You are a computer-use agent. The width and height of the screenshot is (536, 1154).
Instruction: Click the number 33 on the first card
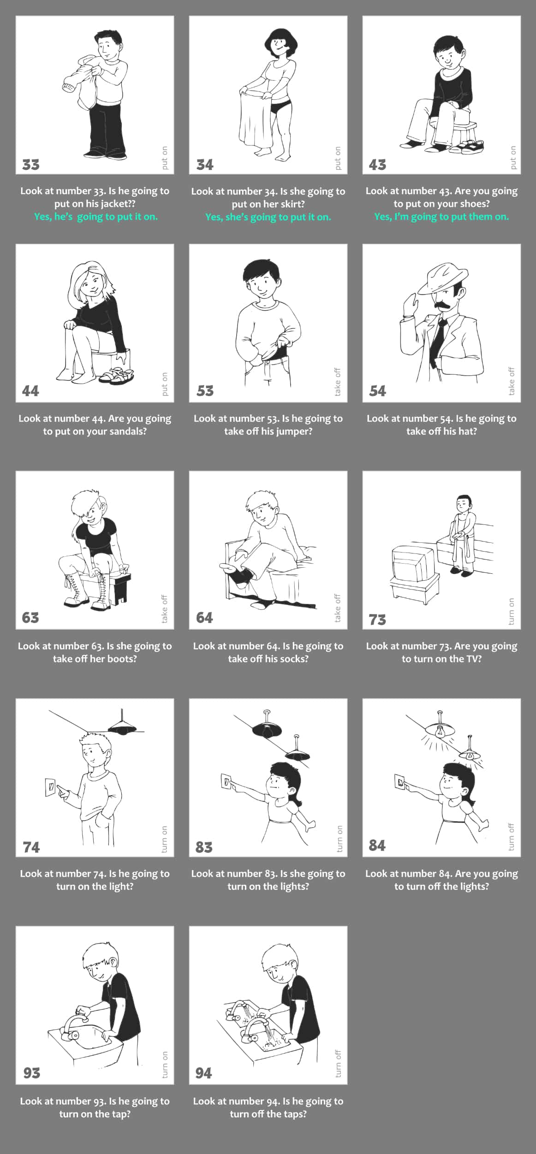coord(31,165)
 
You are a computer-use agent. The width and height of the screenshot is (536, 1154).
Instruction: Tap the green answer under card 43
coord(441,216)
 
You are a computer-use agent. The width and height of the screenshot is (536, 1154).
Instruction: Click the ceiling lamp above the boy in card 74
coord(122,724)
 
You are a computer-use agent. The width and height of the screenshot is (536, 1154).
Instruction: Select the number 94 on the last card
coord(203,1073)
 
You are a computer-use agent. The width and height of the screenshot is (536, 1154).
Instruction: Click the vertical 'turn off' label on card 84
coord(511,836)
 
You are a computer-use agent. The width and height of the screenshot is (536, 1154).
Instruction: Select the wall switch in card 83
coord(225,781)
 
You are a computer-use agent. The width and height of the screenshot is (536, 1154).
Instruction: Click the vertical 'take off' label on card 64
coord(338,608)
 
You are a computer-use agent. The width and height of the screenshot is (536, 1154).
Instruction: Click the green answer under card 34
coord(268,217)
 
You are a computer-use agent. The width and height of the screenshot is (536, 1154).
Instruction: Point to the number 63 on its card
coord(30,618)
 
